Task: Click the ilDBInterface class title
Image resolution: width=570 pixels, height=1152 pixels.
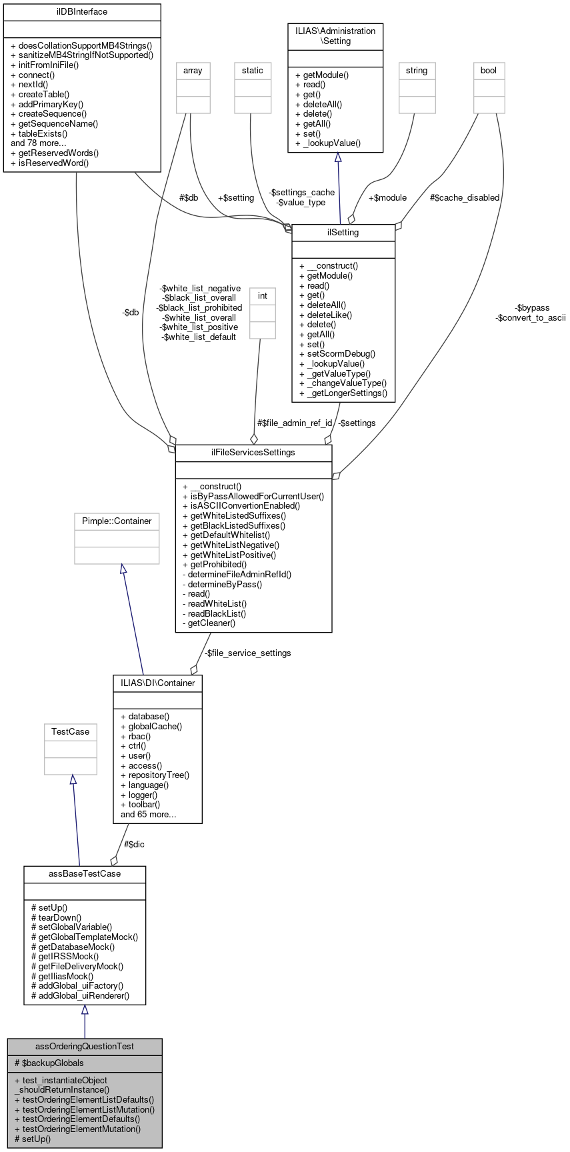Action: coord(82,12)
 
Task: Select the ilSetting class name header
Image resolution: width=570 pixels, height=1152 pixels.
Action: coord(343,232)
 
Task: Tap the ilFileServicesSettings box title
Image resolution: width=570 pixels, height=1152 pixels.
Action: coord(253,452)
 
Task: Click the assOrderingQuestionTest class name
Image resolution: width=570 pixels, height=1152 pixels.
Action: coord(85,1046)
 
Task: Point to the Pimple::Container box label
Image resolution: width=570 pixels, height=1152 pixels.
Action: coord(117,521)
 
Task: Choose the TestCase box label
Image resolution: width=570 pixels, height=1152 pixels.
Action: coord(71,731)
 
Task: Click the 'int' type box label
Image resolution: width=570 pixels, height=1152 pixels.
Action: coord(263,295)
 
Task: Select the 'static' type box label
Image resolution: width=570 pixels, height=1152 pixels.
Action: coord(253,70)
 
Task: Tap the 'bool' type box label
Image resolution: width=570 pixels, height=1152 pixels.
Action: coord(489,70)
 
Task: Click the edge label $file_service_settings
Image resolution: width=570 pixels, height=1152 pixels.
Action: coord(247,653)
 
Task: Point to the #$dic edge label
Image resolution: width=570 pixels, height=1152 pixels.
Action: coord(134,844)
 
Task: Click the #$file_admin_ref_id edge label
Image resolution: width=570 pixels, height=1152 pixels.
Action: coord(295,423)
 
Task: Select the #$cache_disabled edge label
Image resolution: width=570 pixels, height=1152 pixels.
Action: coord(465,197)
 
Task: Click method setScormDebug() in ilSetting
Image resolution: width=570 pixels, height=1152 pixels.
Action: coord(337,353)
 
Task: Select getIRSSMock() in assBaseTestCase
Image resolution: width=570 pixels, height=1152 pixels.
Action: coord(69,956)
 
